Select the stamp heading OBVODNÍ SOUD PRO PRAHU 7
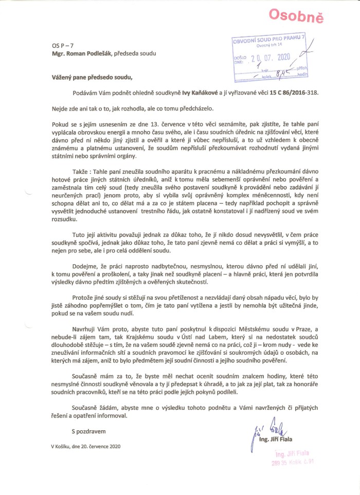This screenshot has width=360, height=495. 269,40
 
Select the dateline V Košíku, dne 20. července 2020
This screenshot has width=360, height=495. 85,446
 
